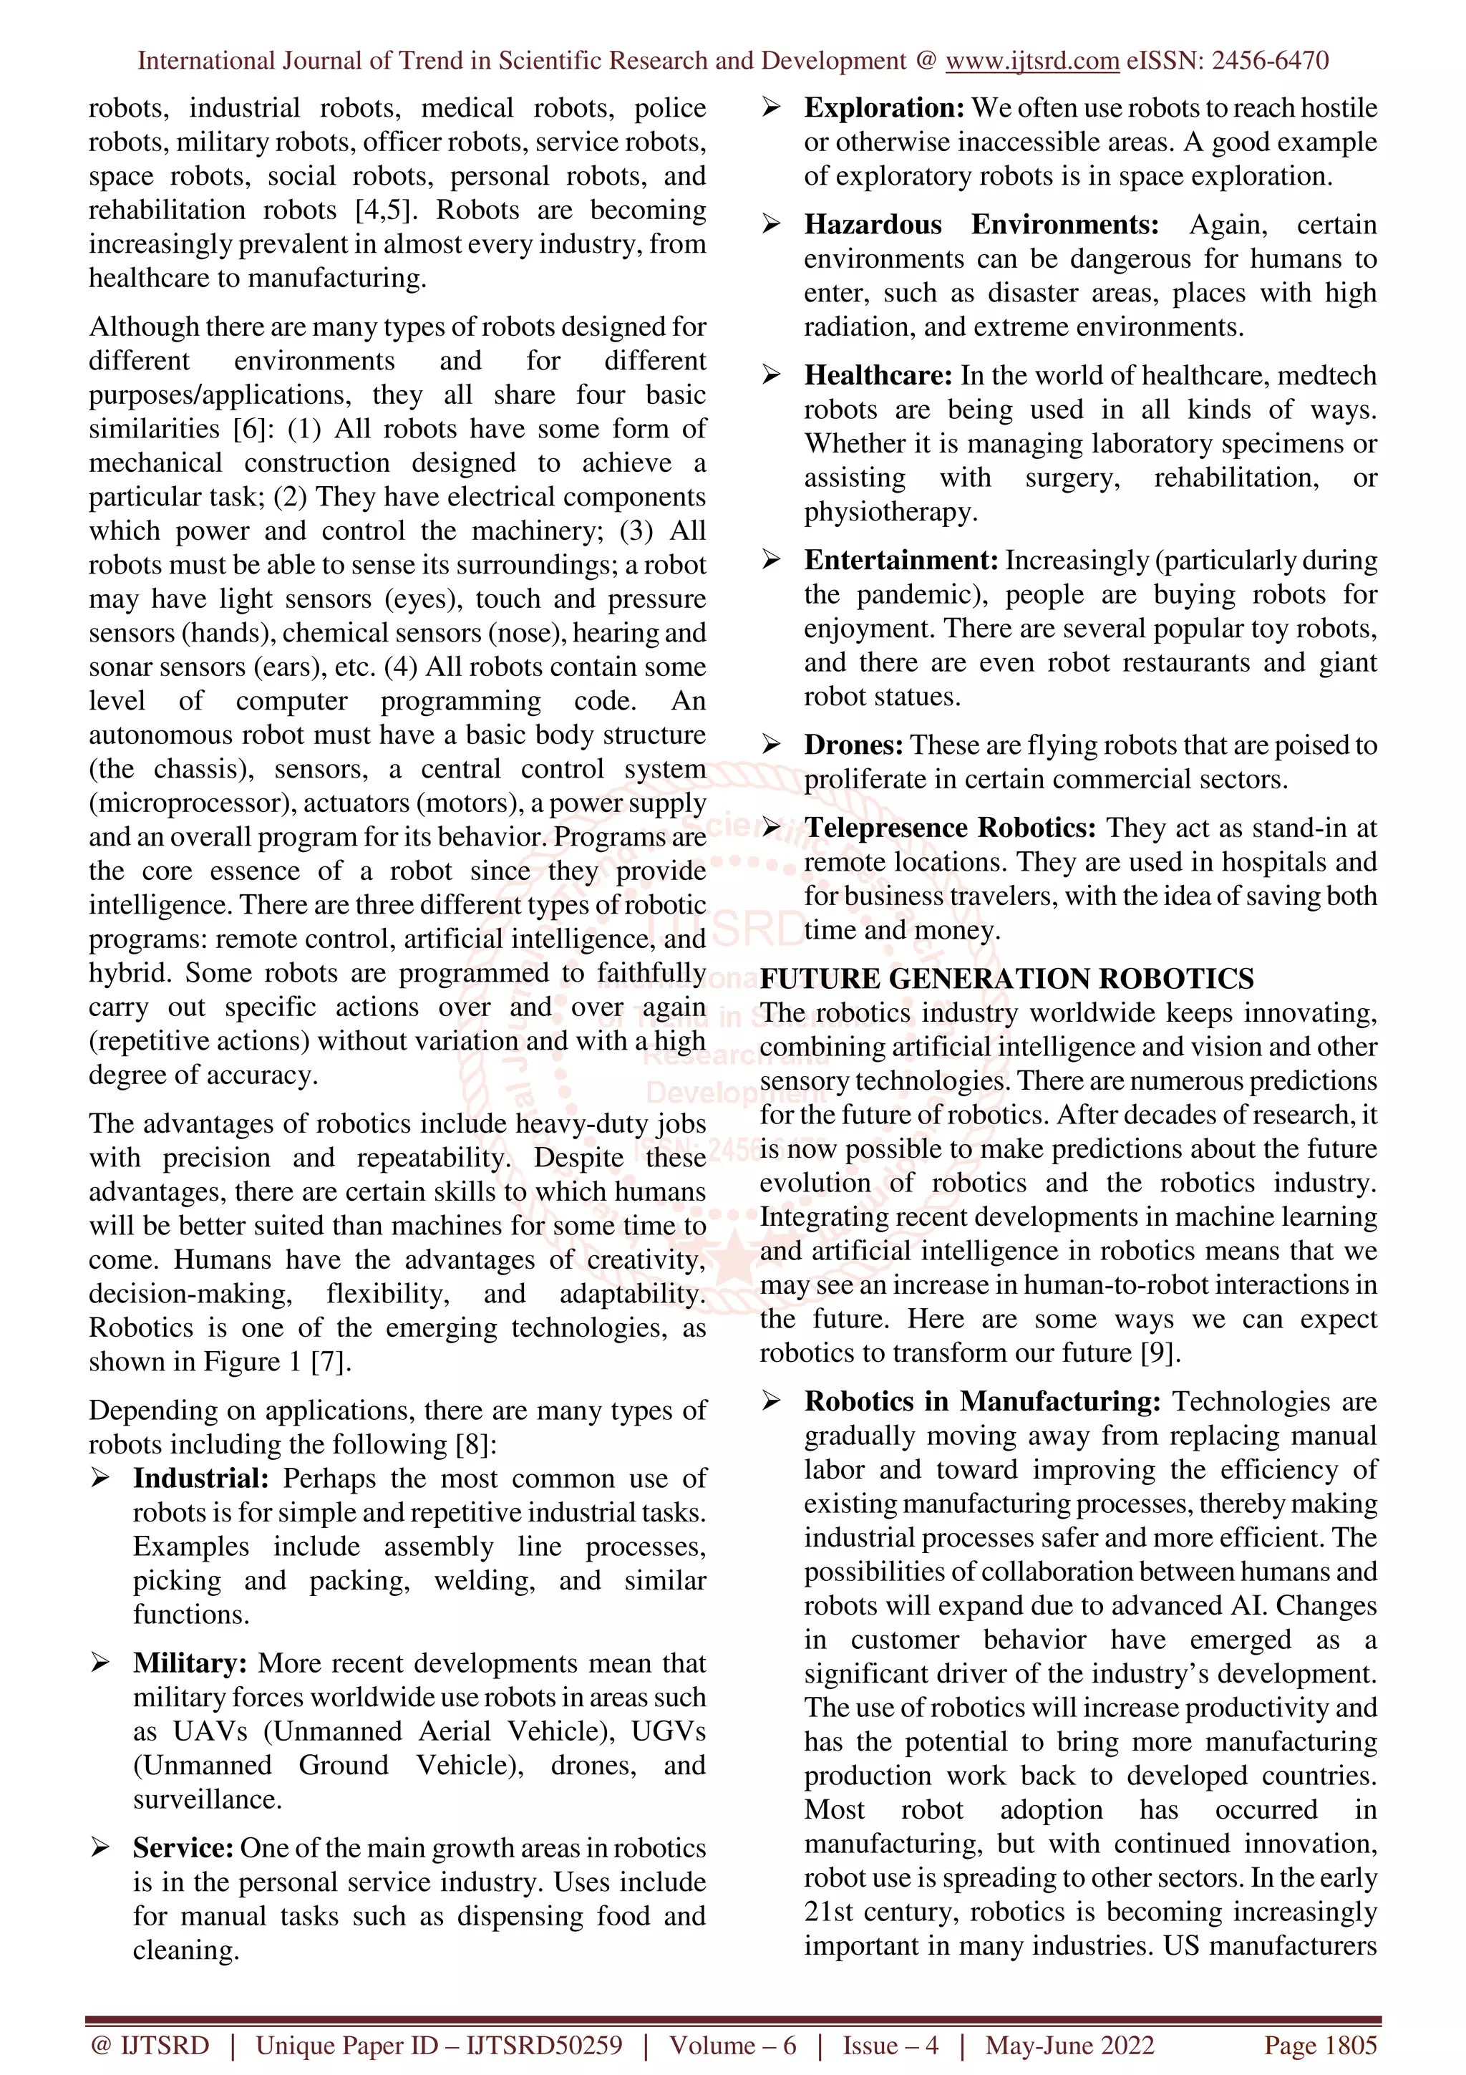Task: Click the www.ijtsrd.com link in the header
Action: pyautogui.click(x=1031, y=61)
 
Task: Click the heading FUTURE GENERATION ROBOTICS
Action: pyautogui.click(x=1006, y=979)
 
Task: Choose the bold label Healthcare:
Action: pyautogui.click(x=878, y=375)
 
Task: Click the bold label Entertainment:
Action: pyautogui.click(x=901, y=561)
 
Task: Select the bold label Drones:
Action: pyautogui.click(x=853, y=745)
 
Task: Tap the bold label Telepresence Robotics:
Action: pyautogui.click(x=950, y=828)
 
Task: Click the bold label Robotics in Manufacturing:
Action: pyautogui.click(x=983, y=1402)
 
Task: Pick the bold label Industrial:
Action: pyautogui.click(x=200, y=1479)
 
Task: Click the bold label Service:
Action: pyautogui.click(x=183, y=1848)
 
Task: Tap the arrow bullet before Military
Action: pyautogui.click(x=100, y=1663)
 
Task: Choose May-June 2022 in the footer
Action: pyautogui.click(x=1069, y=2045)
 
